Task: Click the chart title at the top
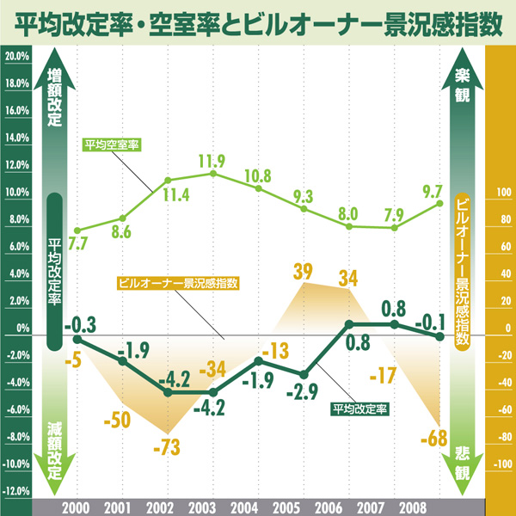(x=258, y=20)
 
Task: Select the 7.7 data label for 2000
(x=78, y=243)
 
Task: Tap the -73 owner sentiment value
(x=169, y=448)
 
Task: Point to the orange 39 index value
(x=303, y=272)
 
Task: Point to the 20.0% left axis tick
(x=17, y=56)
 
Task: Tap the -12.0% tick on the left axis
(x=17, y=492)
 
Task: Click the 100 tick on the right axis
(x=501, y=192)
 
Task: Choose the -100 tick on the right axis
(x=501, y=465)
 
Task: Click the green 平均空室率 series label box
(x=113, y=144)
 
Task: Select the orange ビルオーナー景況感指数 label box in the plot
(x=176, y=282)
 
